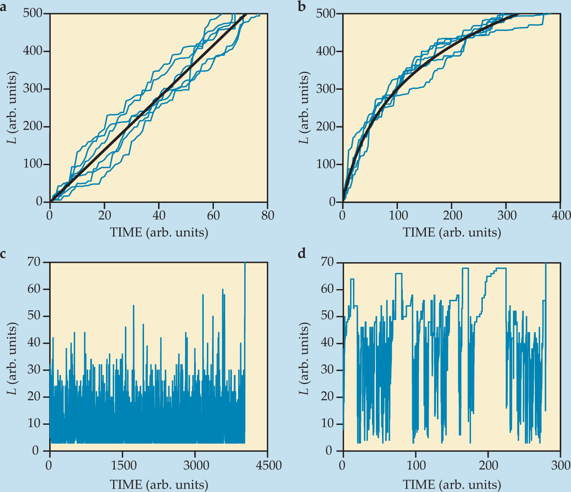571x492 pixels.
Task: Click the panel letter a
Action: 4,7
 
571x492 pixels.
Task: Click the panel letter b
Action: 302,7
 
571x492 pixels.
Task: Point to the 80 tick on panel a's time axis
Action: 268,215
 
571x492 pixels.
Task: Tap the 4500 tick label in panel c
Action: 268,465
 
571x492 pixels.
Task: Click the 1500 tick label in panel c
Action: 123,465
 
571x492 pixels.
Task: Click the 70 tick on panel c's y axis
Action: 34,262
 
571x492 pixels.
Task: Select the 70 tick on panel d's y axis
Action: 327,262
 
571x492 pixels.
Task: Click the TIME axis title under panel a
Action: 159,233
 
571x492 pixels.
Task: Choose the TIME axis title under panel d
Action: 452,485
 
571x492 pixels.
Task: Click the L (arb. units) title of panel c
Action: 13,358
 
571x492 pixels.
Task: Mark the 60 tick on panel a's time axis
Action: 213,215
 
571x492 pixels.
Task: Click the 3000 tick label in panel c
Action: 195,465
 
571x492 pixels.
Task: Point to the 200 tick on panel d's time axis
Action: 488,465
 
